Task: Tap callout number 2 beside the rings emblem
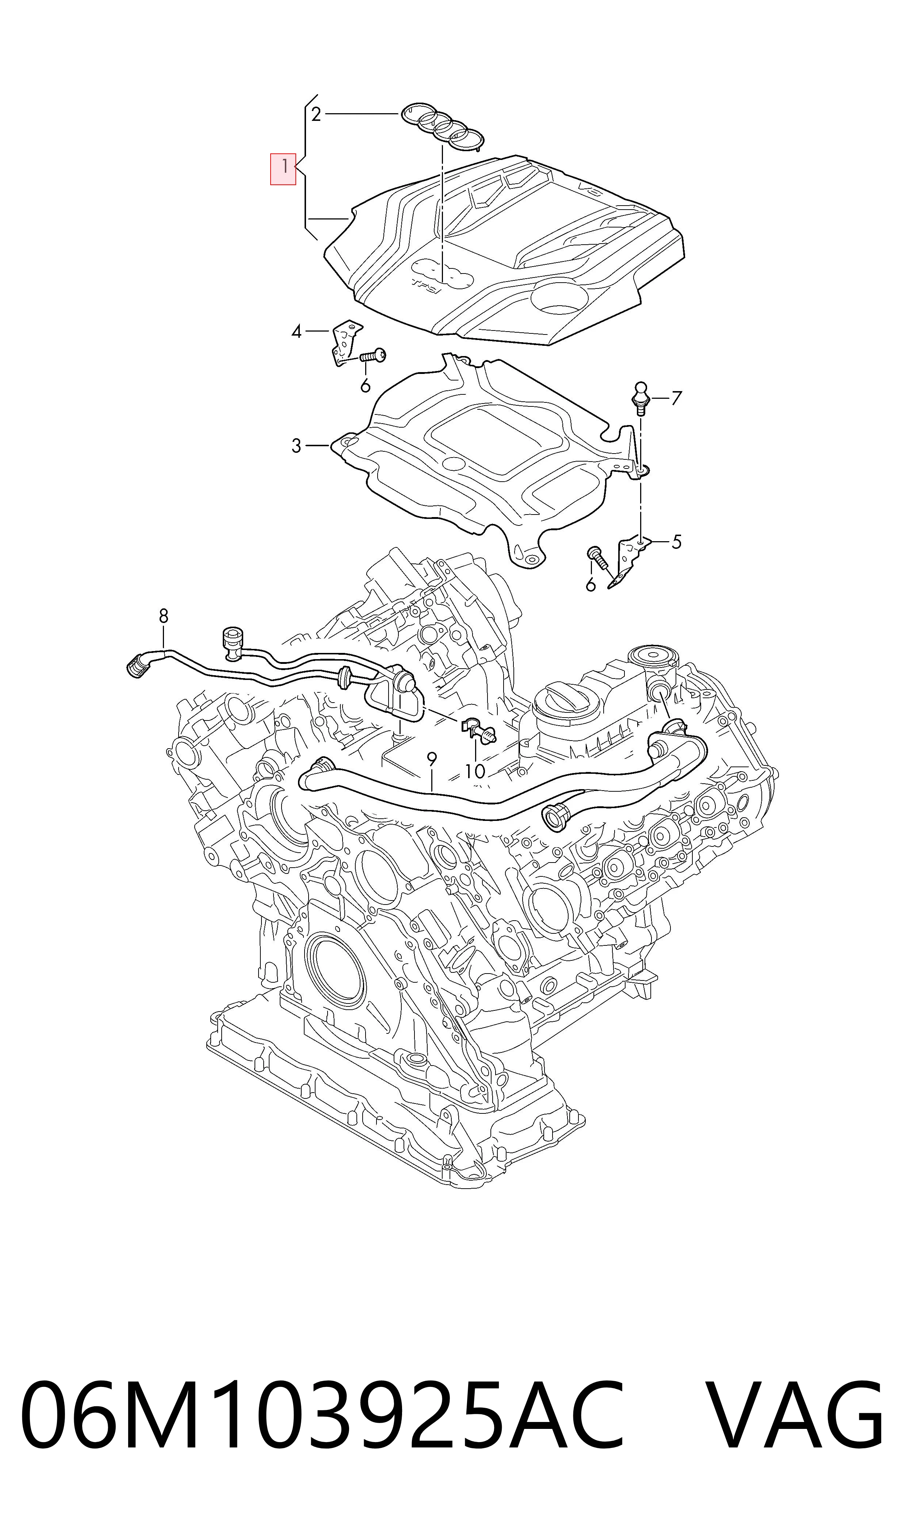coord(316,114)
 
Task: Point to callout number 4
coord(297,332)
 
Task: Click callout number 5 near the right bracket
coord(676,542)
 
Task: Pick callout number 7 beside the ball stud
coord(676,399)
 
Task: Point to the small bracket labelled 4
coord(345,343)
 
